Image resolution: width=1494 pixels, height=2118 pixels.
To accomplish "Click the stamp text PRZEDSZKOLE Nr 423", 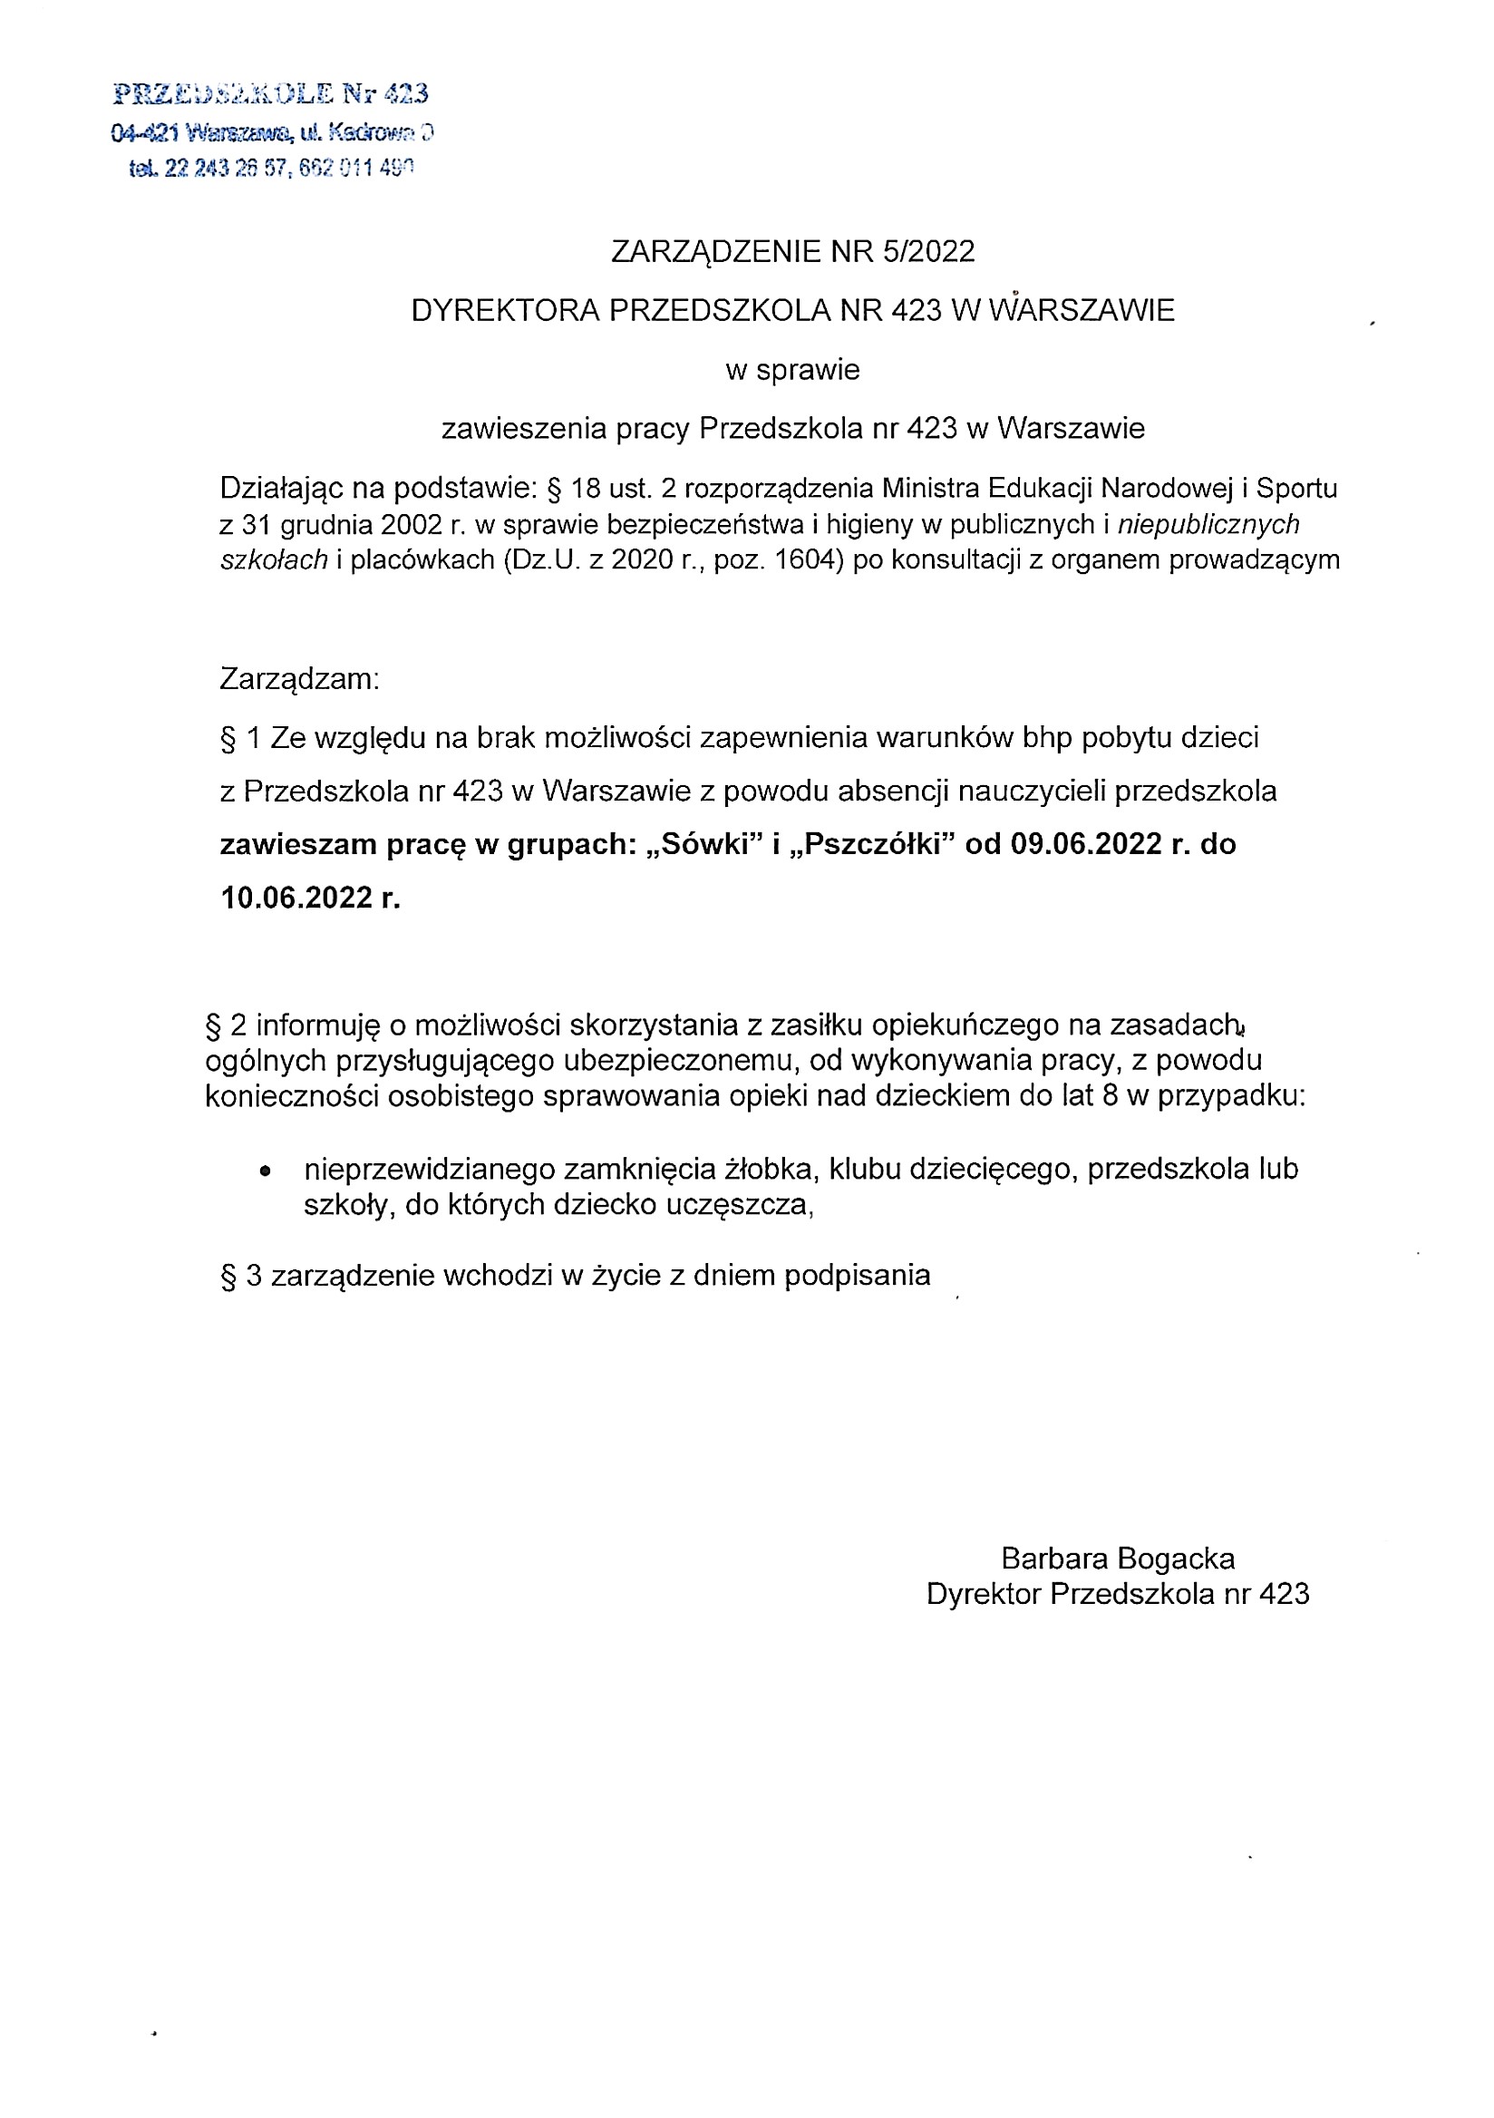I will [270, 94].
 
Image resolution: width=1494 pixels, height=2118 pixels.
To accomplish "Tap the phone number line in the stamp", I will [272, 169].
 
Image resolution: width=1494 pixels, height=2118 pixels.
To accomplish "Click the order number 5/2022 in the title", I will [927, 252].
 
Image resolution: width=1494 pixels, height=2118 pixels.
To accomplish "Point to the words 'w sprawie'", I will [792, 370].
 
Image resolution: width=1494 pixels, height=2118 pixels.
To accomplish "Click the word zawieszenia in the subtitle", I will [520, 429].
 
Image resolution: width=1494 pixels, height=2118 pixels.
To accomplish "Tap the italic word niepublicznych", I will [1208, 524].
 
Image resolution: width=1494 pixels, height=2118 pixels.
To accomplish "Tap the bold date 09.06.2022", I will [1086, 844].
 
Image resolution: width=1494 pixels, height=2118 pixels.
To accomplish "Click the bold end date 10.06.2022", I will [296, 898].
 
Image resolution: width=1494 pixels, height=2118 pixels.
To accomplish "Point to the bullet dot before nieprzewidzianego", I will [266, 1171].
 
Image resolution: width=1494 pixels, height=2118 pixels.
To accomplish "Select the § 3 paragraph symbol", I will [228, 1276].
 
